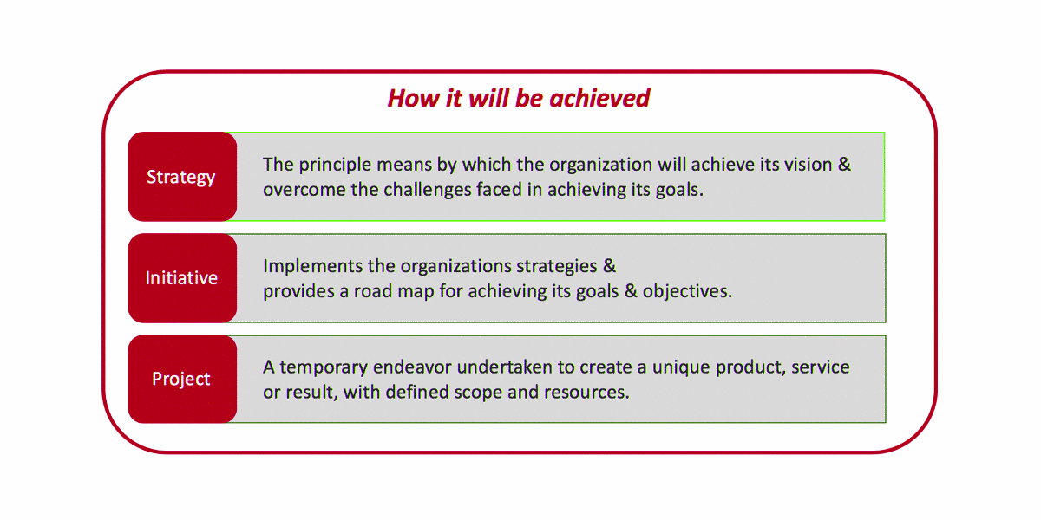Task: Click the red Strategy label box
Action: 183,177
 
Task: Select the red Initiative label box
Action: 183,278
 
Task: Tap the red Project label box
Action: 183,379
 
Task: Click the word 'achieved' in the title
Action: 599,98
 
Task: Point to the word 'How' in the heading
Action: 413,99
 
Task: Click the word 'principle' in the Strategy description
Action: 335,166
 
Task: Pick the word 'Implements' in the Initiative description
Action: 313,267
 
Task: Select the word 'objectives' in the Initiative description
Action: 687,291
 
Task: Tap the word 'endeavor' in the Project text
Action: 412,367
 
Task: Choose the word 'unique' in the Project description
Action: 681,368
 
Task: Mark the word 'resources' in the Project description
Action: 586,393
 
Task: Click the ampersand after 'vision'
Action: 844,165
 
